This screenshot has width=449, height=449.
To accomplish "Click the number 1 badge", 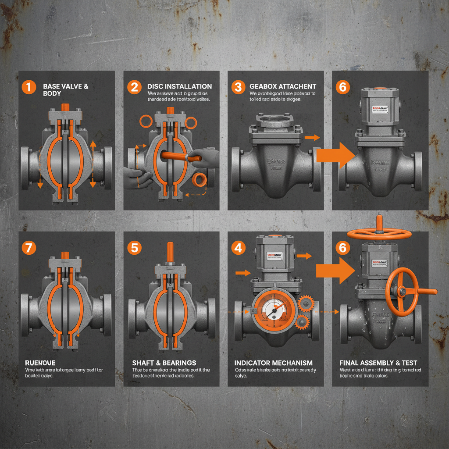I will [x=29, y=87].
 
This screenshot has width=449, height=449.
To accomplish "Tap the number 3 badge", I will [x=238, y=87].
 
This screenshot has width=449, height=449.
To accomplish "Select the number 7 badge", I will [x=29, y=247].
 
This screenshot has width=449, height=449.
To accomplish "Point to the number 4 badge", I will [x=238, y=248].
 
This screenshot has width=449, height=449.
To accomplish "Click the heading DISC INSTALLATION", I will [x=179, y=86].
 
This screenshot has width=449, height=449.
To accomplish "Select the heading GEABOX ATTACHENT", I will [x=283, y=86].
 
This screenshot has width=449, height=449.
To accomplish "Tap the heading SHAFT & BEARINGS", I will [x=164, y=363].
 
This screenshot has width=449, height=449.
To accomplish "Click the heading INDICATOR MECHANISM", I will [x=274, y=363].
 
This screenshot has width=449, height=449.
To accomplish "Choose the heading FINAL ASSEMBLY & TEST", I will [x=378, y=363].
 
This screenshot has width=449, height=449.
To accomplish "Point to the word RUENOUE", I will [x=40, y=363].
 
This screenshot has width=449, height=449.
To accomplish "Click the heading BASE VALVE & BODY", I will [x=65, y=90].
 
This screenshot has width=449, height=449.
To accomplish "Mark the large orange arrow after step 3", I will [x=335, y=155].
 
